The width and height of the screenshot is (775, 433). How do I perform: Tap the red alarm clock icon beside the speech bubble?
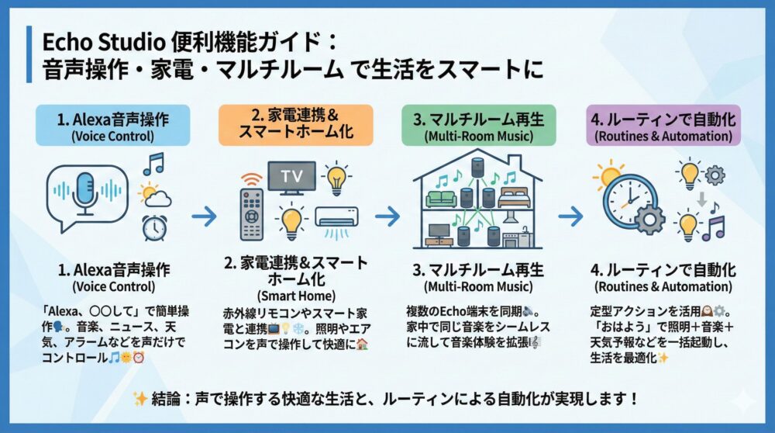(154, 227)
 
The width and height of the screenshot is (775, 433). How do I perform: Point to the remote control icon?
(253, 213)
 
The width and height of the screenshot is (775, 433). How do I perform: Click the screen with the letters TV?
(291, 175)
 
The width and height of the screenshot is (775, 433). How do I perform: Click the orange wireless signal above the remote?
(250, 178)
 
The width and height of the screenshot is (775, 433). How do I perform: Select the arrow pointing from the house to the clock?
(570, 216)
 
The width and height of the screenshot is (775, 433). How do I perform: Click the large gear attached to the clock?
(649, 220)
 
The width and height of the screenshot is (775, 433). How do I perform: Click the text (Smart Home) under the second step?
(295, 295)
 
